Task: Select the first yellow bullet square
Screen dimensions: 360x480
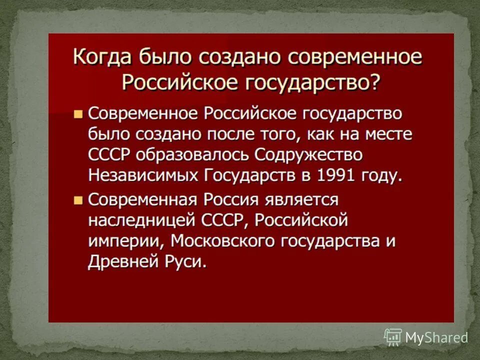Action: pos(77,114)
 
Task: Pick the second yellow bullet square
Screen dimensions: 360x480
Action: pos(77,200)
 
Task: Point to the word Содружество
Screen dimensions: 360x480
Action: pos(308,155)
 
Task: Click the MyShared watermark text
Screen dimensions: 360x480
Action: pos(435,338)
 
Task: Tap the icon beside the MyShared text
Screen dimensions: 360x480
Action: pos(393,337)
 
